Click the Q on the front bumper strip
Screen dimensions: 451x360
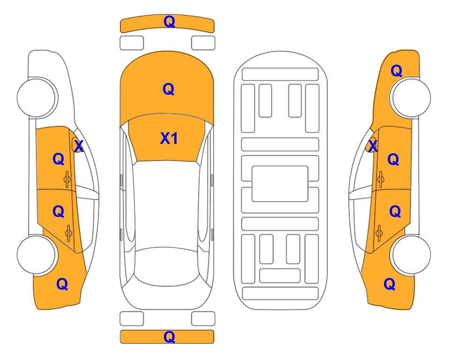pos(169,22)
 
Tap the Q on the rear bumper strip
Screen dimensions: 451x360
pos(169,337)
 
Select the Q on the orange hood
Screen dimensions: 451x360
pos(169,89)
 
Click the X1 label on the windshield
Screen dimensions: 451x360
pos(169,138)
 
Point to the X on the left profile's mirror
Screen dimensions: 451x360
pos(79,146)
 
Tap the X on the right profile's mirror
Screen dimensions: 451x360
pos(373,146)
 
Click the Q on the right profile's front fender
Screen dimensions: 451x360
pos(396,71)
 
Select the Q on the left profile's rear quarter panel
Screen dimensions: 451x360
pos(62,284)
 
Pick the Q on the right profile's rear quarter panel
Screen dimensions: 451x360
pos(390,284)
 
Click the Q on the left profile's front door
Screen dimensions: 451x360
pos(59,159)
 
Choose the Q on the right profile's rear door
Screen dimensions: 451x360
pos(395,212)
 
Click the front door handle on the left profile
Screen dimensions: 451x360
pos(67,179)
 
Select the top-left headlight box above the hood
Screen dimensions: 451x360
pos(132,43)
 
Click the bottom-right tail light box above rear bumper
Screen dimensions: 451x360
pos(203,319)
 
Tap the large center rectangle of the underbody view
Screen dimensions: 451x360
pos(280,184)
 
